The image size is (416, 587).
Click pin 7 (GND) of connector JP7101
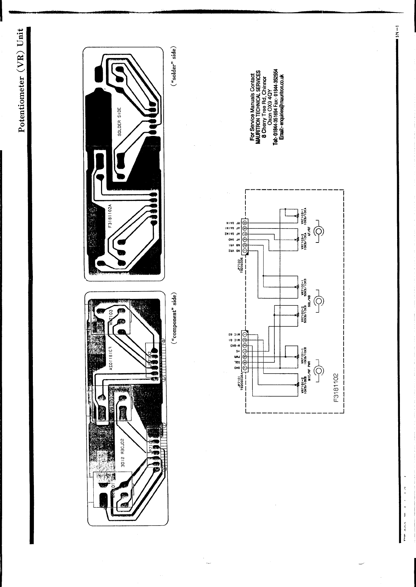coord(245,367)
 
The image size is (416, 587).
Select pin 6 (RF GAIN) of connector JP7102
coord(245,222)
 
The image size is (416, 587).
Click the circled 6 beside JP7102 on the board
coord(162,341)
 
